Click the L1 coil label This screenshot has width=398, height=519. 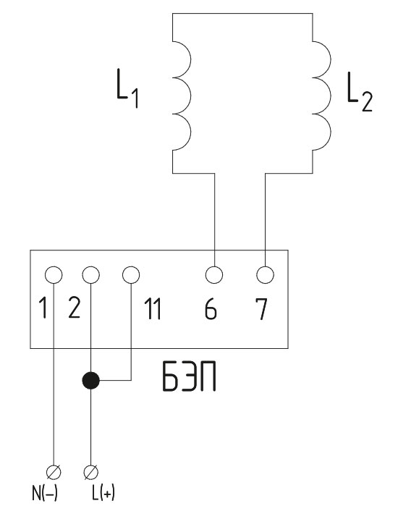(127, 88)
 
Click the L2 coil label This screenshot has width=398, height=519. (360, 91)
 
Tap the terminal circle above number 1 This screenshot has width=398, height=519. (54, 275)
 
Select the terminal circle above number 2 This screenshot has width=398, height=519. (90, 275)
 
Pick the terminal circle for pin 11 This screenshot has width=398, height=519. (131, 275)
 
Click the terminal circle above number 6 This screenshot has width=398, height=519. (214, 275)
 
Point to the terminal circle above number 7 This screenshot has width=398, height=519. (266, 275)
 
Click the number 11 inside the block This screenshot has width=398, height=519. (153, 309)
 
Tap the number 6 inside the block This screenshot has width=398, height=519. (211, 309)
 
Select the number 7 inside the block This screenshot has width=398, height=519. (261, 309)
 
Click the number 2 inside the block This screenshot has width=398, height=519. (74, 308)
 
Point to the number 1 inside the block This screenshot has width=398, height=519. (43, 308)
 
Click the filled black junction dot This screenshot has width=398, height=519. (90, 380)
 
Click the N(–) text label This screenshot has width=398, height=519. (45, 493)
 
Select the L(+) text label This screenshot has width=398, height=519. (103, 493)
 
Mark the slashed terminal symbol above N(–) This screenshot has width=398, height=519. (54, 472)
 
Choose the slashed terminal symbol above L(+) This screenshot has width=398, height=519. (90, 472)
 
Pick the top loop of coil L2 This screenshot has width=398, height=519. (331, 59)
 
